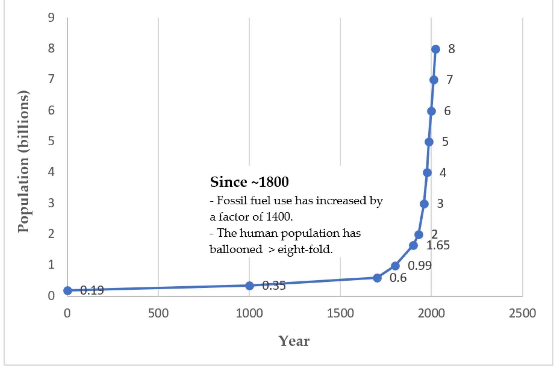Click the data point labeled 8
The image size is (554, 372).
(435, 49)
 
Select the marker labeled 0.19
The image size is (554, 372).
(68, 290)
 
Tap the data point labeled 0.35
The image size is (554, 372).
(249, 286)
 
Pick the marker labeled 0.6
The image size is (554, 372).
(377, 278)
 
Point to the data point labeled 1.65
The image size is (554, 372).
(413, 246)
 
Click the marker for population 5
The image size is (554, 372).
(429, 142)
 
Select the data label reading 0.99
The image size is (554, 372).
(420, 266)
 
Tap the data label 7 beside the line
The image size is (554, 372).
(450, 80)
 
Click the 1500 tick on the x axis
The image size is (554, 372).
(340, 313)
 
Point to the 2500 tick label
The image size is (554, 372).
(522, 313)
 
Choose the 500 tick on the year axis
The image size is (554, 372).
(158, 313)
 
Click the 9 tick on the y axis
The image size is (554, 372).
(51, 18)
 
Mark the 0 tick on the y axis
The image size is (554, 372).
(51, 296)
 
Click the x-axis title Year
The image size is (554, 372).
(294, 341)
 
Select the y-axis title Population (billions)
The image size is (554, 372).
(24, 161)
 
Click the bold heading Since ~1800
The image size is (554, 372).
(249, 182)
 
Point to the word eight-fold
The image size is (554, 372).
(305, 249)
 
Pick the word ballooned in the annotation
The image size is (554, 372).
(236, 249)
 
